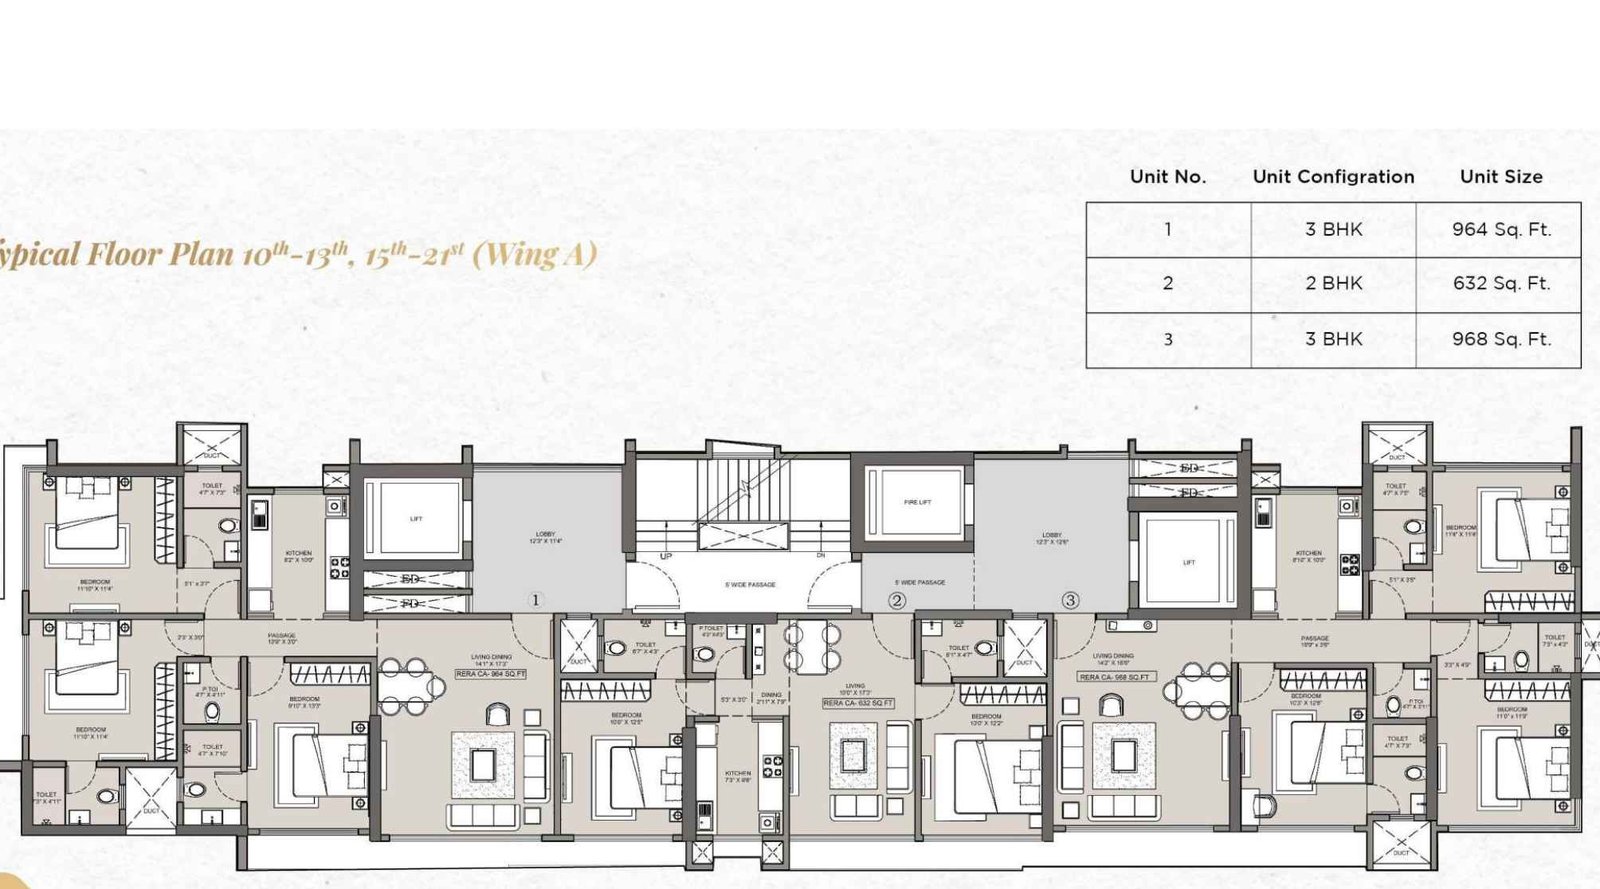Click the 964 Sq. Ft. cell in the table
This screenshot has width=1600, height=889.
1501,229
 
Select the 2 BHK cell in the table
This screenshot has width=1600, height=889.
1333,283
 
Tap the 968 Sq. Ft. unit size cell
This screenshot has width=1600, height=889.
1501,339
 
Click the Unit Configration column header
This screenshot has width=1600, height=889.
1333,177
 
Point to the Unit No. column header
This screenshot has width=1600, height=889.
1167,177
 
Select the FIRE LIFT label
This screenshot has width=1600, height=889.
917,502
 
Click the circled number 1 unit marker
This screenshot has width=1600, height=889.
535,600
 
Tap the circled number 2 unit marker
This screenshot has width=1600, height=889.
897,600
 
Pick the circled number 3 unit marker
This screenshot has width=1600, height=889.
1070,600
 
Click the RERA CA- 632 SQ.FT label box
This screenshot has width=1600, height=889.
857,703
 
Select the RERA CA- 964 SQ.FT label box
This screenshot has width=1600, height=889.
490,674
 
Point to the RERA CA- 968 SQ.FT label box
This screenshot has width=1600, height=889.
1114,677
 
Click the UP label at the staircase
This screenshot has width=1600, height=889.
666,556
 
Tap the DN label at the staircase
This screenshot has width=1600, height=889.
820,555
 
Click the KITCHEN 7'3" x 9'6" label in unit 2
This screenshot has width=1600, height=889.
738,775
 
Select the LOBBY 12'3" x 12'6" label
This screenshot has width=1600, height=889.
1052,538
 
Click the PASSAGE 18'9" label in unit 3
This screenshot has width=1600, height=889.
1314,641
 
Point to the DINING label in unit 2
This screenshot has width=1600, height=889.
771,697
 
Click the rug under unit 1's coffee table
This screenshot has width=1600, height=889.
483,765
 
